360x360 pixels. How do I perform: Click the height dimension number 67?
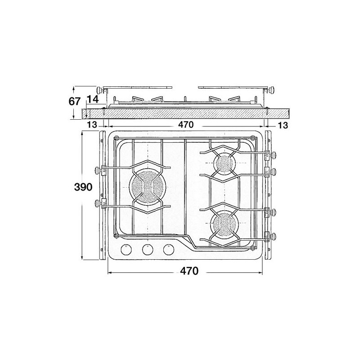click(x=75, y=102)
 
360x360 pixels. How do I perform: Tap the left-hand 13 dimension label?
click(x=92, y=125)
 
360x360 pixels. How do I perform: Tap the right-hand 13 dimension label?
click(x=283, y=125)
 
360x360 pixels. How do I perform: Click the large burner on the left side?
click(x=147, y=187)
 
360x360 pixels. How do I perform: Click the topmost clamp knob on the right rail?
click(x=274, y=156)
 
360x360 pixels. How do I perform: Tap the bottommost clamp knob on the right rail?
click(x=274, y=234)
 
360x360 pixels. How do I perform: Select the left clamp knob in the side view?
click(x=99, y=90)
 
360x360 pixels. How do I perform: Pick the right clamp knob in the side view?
click(x=272, y=90)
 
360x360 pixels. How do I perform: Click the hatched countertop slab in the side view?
click(x=184, y=113)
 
